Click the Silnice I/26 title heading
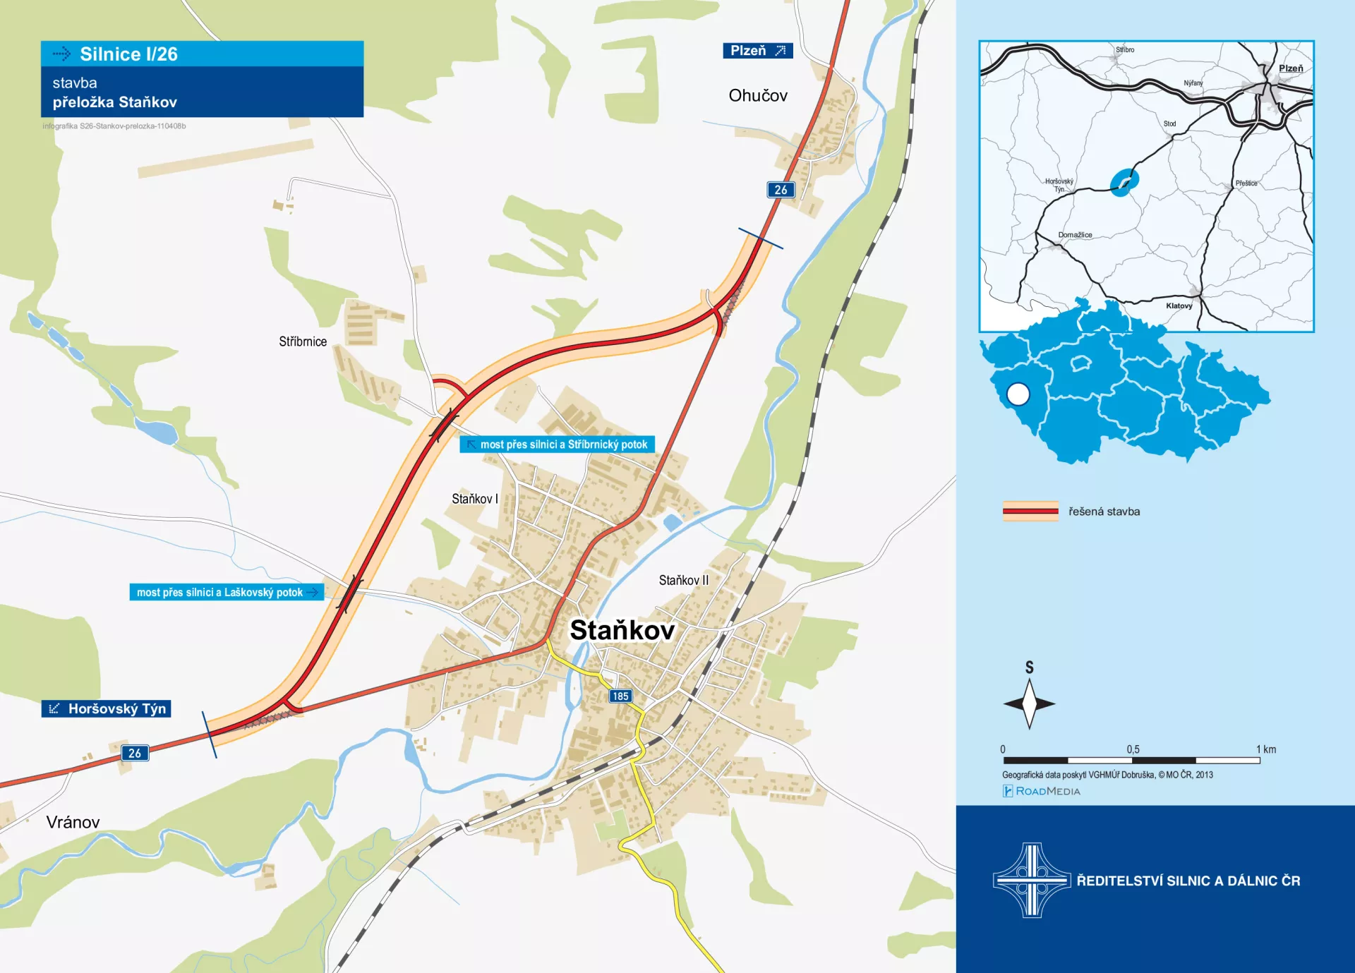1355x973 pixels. pos(128,54)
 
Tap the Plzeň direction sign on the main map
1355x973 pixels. pos(757,51)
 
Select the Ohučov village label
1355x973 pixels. pos(757,96)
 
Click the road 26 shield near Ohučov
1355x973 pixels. pos(781,190)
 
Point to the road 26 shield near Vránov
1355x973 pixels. pos(134,753)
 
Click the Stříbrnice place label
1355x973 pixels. pos(303,342)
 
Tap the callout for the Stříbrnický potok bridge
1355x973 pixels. pos(557,445)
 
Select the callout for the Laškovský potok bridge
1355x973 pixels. pos(226,592)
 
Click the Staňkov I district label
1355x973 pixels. pos(474,499)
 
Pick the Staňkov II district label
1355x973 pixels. pos(683,580)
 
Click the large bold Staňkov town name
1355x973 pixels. pos(622,630)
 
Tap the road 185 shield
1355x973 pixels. pos(620,696)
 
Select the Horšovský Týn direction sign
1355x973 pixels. pos(107,708)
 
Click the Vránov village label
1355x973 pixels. pos(73,822)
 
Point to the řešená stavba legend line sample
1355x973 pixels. pos(1030,512)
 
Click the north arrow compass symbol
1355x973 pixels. pos(1029,703)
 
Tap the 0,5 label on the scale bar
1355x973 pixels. pos(1133,749)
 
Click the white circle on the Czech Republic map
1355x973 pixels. pos(1018,394)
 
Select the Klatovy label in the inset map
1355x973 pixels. pos(1179,306)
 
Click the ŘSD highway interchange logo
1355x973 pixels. pos(1031,880)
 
